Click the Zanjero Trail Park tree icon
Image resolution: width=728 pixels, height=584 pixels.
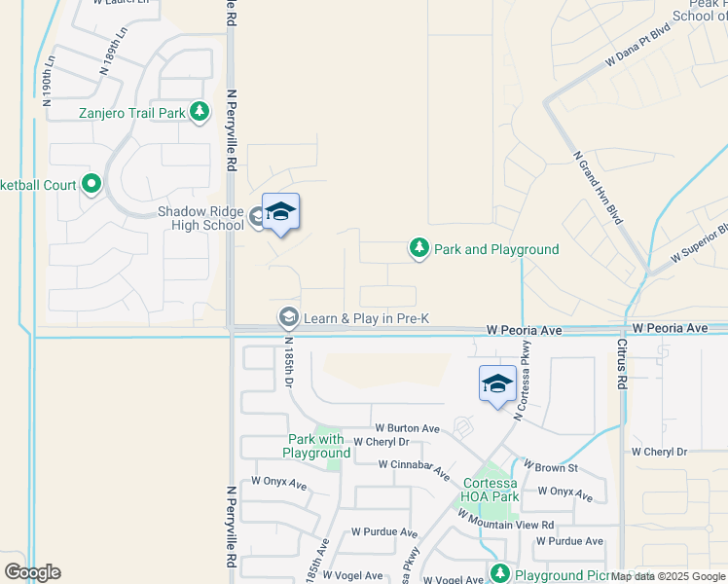[x=200, y=113]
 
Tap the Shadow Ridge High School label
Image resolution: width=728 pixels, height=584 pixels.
[x=201, y=218]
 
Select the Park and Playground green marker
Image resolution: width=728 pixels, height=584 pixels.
[x=419, y=249]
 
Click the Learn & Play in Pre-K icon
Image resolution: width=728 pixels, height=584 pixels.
[x=288, y=318]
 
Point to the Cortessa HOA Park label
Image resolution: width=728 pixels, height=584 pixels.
[x=491, y=490]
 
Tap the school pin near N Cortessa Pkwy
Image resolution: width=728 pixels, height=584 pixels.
[x=497, y=383]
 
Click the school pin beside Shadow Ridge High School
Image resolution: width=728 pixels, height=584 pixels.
[x=280, y=212]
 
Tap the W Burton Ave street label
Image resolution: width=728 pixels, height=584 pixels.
[x=408, y=428]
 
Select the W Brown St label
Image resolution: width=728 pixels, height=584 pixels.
[x=551, y=468]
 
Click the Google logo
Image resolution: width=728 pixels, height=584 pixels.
[x=32, y=572]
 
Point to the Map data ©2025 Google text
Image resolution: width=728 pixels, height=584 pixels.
[x=669, y=576]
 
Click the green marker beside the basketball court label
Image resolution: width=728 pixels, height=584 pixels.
[x=91, y=183]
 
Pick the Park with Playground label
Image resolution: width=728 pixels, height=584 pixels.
[x=317, y=446]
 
